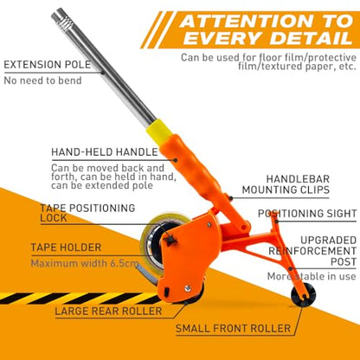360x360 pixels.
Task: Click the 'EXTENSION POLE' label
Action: (48, 65)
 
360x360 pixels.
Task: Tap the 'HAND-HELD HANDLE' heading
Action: (105, 152)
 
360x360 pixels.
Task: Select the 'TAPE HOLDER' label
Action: (66, 247)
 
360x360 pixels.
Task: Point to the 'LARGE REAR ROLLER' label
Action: (108, 312)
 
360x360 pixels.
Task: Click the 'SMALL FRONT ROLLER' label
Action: (233, 328)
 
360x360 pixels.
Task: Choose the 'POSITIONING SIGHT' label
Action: (307, 214)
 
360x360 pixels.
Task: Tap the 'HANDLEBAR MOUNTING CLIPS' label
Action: (286, 184)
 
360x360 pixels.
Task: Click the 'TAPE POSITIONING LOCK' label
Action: (87, 213)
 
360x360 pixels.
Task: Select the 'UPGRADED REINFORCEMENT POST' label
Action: (312, 251)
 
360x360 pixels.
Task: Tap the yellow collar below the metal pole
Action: (159, 130)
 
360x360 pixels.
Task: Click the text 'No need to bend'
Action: (42, 80)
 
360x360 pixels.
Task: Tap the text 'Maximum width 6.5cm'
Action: (85, 263)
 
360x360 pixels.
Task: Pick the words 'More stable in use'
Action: (312, 276)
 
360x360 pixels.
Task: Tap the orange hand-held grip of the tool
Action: (192, 166)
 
